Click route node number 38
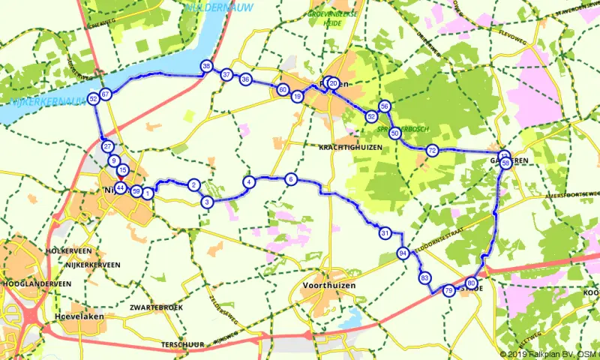[206, 67]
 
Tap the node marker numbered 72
[432, 151]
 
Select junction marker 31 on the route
[385, 232]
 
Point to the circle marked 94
[403, 253]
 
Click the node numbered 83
[424, 278]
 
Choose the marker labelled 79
[448, 290]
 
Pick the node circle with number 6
[291, 178]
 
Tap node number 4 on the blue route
[247, 181]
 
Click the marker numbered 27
[108, 146]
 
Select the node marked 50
[395, 133]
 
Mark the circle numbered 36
[245, 79]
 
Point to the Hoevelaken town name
[73, 317]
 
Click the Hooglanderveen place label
[37, 283]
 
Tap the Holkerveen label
[68, 250]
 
